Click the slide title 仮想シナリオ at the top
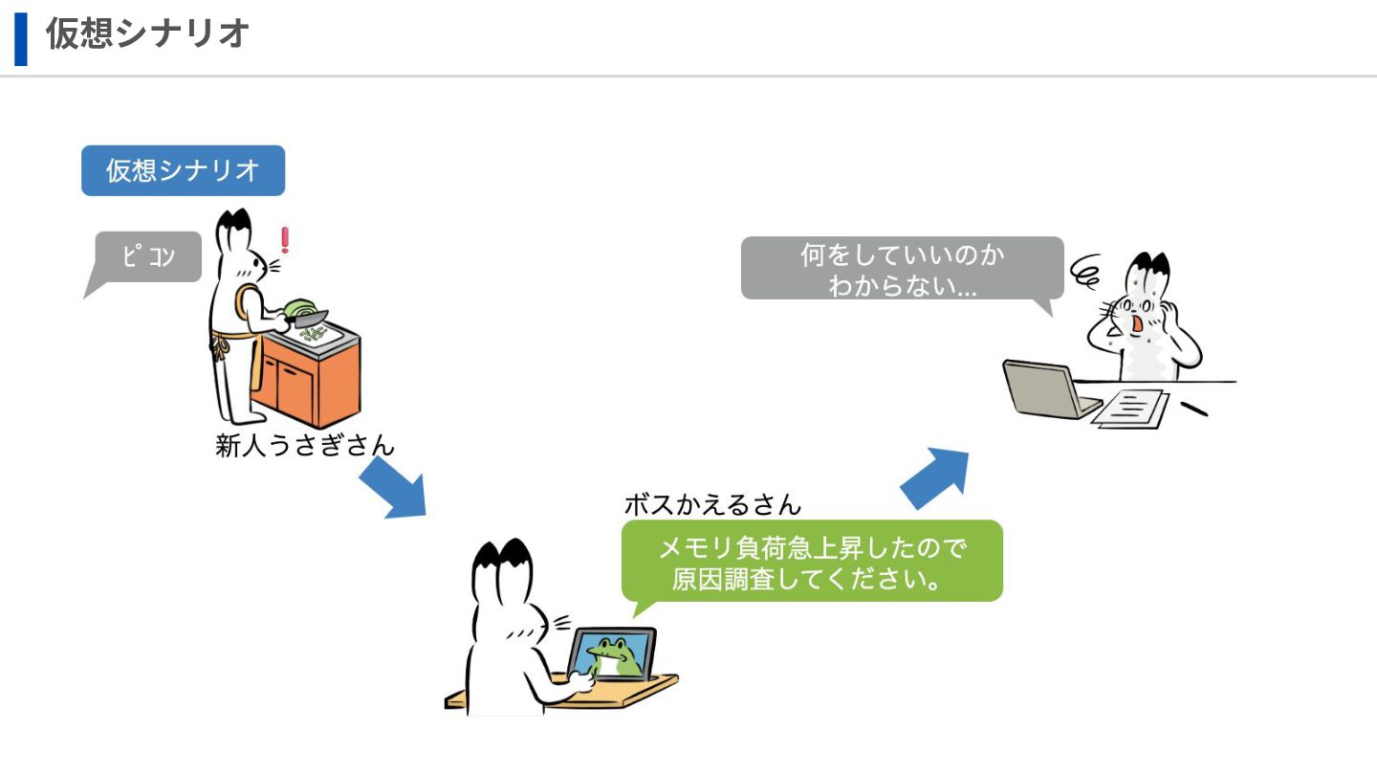pyautogui.click(x=148, y=33)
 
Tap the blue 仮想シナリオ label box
pyautogui.click(x=183, y=170)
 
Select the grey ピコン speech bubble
pyautogui.click(x=148, y=256)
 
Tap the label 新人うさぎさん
pyautogui.click(x=304, y=445)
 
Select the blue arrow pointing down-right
pyautogui.click(x=393, y=488)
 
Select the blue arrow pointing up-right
pyautogui.click(x=936, y=478)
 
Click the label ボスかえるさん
pyautogui.click(x=712, y=503)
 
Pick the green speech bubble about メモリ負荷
pyautogui.click(x=812, y=562)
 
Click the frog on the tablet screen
pyautogui.click(x=613, y=654)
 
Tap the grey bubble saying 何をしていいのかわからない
pyautogui.click(x=902, y=268)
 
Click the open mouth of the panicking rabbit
pyautogui.click(x=1138, y=326)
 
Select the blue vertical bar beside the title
pyautogui.click(x=21, y=38)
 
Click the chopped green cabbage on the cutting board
pyautogui.click(x=310, y=334)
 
